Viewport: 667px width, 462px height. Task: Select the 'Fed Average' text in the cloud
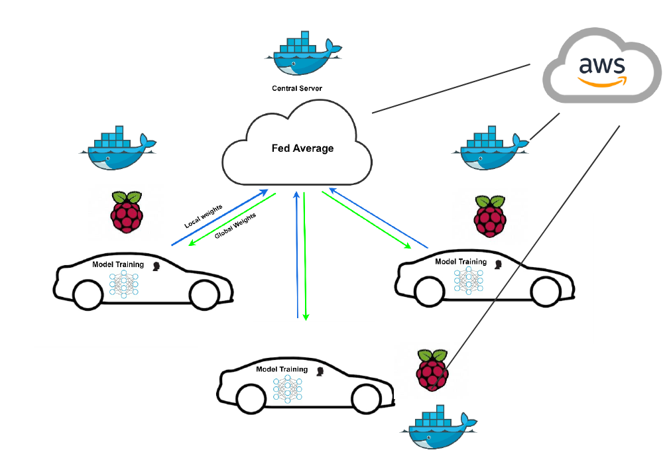[x=302, y=148]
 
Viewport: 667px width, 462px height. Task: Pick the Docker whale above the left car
[x=117, y=149]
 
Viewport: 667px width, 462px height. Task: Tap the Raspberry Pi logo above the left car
[x=127, y=211]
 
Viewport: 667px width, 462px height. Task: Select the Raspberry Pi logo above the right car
[x=490, y=215]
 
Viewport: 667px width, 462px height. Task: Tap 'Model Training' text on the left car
[x=118, y=264]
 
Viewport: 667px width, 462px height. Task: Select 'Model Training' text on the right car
[x=460, y=262]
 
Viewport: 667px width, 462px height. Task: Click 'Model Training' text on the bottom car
[x=282, y=369]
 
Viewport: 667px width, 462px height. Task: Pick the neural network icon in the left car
[x=123, y=283]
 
